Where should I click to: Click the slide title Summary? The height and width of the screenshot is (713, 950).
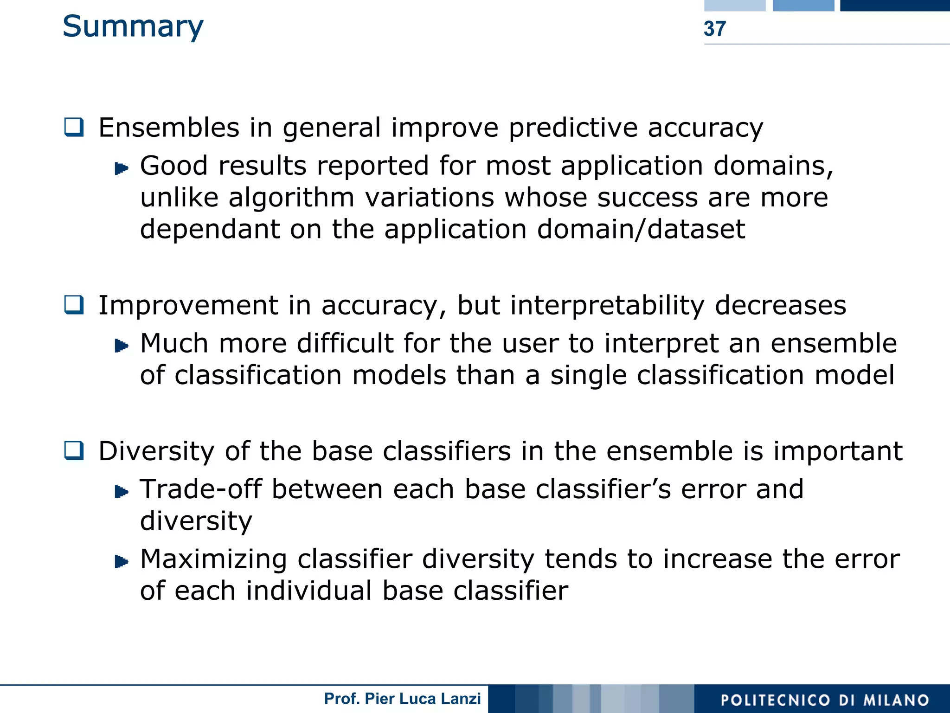[x=133, y=27]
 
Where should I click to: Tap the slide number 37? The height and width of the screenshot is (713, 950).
[x=714, y=29]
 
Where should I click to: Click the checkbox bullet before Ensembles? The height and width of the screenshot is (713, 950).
[x=74, y=127]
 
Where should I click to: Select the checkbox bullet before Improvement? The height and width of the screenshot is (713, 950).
[x=74, y=305]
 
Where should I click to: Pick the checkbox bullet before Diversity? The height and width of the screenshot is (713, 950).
[x=74, y=450]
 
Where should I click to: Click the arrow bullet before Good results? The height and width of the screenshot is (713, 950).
[x=121, y=168]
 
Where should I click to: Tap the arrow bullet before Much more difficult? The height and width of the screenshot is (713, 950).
[x=121, y=346]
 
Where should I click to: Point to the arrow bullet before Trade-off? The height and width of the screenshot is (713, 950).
[x=121, y=491]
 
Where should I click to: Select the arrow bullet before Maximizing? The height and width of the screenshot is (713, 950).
[x=121, y=561]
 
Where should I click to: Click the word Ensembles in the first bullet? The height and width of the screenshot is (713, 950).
[x=169, y=128]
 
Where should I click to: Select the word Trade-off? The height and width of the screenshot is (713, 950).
[x=201, y=489]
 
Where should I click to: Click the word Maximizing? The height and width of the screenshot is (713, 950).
[x=213, y=559]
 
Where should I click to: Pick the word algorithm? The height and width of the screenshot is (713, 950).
[x=291, y=198]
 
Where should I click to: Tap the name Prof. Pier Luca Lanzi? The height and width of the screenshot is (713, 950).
[x=402, y=699]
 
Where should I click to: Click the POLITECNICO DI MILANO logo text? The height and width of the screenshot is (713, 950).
[x=825, y=700]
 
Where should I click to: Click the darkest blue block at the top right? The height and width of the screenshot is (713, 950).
[x=894, y=5]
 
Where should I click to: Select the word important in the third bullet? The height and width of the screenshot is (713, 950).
[x=837, y=451]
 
